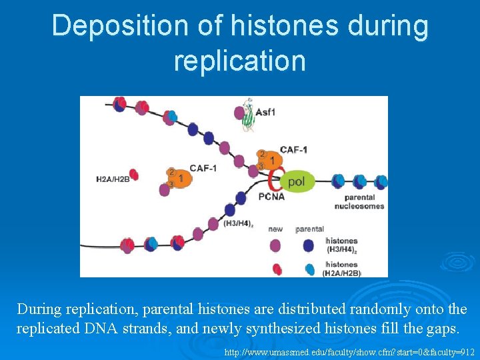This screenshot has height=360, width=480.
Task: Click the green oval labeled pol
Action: point(297,181)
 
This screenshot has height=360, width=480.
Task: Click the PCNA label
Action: point(271,197)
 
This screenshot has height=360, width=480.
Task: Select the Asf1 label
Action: point(265,112)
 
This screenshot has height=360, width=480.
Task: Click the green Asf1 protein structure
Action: point(247,114)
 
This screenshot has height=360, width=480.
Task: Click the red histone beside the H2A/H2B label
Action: point(133,175)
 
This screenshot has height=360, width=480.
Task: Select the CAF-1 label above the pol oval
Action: point(293,149)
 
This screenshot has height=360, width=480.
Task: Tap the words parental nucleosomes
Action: point(364,201)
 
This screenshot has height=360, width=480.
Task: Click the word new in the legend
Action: point(275,229)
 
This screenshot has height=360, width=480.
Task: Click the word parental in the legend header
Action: point(309,229)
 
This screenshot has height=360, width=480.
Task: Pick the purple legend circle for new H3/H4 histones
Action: point(275,245)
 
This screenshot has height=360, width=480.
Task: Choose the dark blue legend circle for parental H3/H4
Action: point(309,245)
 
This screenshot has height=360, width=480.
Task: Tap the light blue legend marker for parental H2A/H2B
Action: point(309,269)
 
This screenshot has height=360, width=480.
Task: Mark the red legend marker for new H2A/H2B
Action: point(277,269)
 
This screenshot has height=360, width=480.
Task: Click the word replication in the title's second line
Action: point(239,61)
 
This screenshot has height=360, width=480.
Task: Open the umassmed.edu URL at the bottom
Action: point(349,351)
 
